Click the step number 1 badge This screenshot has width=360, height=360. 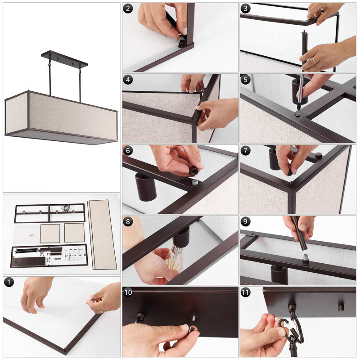point(9,282)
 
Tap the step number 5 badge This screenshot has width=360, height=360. point(245,80)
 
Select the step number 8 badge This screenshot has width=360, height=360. point(128,221)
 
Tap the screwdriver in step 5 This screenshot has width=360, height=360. point(301,92)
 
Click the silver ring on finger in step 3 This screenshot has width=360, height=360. point(314,60)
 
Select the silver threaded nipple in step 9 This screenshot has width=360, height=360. point(305,258)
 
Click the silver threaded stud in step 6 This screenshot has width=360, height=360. point(195,182)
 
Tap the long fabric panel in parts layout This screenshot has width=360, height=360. point(102,234)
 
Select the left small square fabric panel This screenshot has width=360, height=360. point(50,234)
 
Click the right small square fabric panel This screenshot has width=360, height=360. point(74,232)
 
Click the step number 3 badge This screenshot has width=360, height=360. point(245,9)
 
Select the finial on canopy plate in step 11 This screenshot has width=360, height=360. point(342,306)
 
